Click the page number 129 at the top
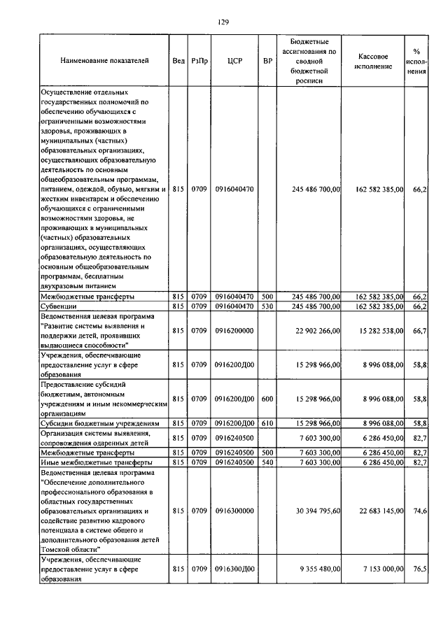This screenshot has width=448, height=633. coord(223,22)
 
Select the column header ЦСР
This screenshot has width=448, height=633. coord(234,61)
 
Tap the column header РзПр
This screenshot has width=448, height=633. coord(199,61)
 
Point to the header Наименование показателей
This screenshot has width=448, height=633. coord(104,61)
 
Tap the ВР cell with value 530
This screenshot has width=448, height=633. coord(267,306)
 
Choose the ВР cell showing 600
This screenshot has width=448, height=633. coord(267,399)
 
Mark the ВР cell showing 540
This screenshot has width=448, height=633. coord(267,462)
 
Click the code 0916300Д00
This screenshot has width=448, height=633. coord(234,569)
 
